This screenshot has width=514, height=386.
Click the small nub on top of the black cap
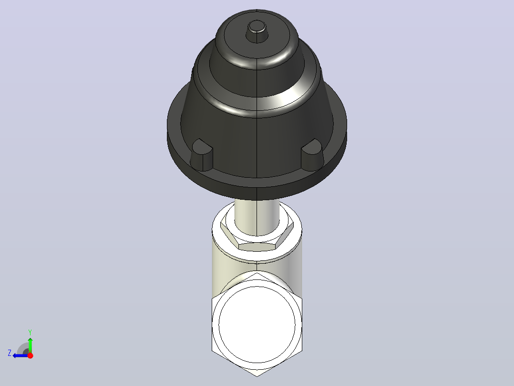[257, 32]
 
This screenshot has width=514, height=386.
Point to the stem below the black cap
[257, 217]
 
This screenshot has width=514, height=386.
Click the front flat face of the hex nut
[257, 247]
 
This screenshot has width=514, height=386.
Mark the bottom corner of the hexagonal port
[257, 376]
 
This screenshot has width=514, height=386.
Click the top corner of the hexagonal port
[257, 272]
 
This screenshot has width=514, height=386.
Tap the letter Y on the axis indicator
[30, 332]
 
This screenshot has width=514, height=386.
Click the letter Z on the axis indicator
[10, 353]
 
